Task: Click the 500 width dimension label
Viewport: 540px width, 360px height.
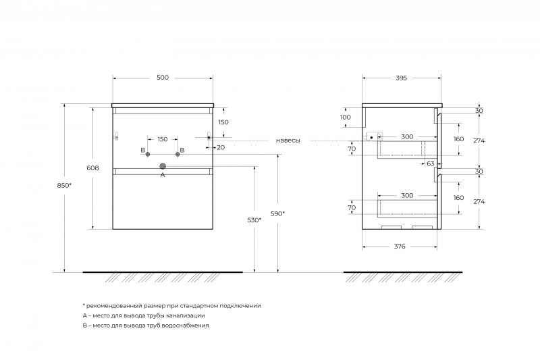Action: coord(163,78)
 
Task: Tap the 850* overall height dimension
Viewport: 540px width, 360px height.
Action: coord(64,185)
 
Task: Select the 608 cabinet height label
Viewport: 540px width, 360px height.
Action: coord(92,168)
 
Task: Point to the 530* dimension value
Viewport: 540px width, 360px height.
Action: coord(254,220)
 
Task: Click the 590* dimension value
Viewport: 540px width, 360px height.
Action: coord(277,213)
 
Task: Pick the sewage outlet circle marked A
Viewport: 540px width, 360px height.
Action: coord(163,166)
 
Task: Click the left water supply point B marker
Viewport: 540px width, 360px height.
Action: coord(148,155)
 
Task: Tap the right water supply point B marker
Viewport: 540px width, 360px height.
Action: coord(178,155)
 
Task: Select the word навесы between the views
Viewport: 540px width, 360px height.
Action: coord(288,140)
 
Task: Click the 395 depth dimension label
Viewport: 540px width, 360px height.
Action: coord(401,78)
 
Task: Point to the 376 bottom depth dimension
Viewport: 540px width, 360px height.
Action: coord(400,247)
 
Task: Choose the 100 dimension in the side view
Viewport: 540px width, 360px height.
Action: coord(346,117)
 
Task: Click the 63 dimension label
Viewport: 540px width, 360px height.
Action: coord(431,164)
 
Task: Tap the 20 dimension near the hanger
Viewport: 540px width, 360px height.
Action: coord(221,147)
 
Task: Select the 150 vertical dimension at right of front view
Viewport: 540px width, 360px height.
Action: coord(223,122)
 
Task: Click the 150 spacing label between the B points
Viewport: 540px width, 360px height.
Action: coord(163,140)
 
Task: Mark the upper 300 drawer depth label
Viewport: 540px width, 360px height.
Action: coord(407,136)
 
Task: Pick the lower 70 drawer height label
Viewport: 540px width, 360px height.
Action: coord(352,208)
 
